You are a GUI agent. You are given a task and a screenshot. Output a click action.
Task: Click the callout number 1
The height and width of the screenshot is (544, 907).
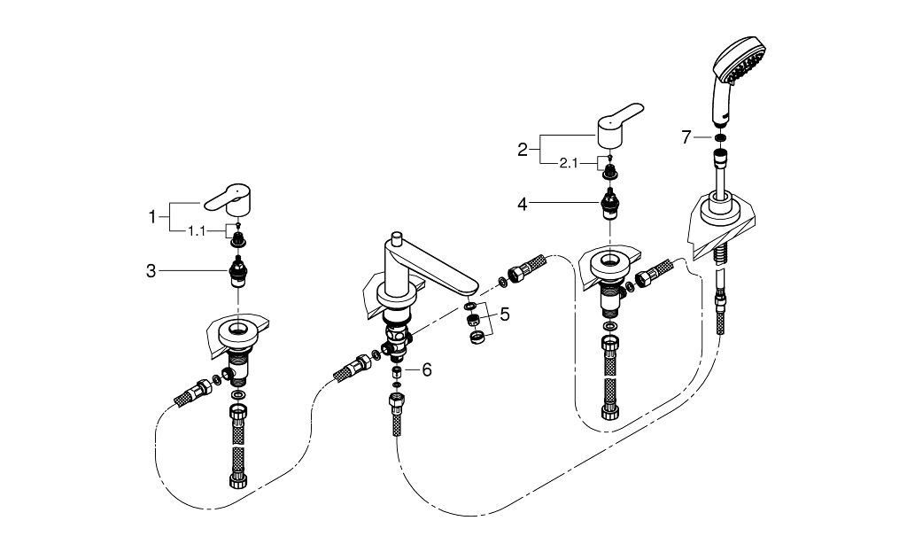(x=151, y=214)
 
